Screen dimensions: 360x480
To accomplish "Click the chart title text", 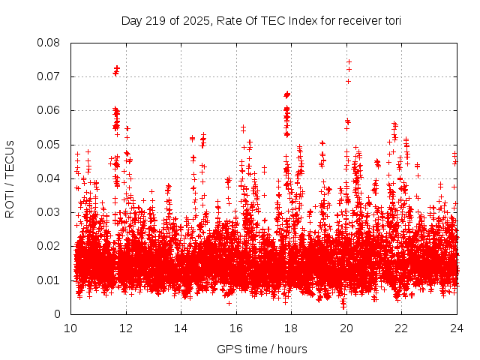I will click(x=261, y=20).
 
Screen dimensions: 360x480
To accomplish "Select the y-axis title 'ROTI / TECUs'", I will click(x=10, y=178).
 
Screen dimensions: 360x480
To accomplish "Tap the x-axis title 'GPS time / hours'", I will click(x=262, y=349).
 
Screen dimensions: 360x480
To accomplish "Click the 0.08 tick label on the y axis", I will click(x=49, y=43).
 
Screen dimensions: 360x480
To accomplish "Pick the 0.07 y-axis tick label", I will click(x=49, y=76).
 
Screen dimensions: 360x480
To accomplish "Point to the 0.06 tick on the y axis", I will click(x=49, y=110).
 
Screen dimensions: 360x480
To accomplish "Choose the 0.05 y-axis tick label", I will click(x=49, y=144).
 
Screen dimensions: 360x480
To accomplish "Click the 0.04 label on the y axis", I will click(x=49, y=178).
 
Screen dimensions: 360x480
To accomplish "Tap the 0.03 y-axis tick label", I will click(x=49, y=212).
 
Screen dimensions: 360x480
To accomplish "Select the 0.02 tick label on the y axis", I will click(x=49, y=246).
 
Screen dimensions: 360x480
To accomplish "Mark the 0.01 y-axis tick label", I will click(x=49, y=280).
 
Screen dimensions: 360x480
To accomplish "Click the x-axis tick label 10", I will click(x=70, y=328).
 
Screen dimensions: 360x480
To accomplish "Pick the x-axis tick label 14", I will click(x=181, y=328).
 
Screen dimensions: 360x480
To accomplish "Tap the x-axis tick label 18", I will click(x=291, y=328).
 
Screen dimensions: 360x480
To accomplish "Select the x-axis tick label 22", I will click(x=401, y=328).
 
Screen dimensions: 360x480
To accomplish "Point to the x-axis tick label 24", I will click(x=456, y=328).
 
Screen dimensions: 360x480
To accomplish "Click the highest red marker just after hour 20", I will click(x=349, y=62).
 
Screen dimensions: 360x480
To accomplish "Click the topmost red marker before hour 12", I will click(x=117, y=68).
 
